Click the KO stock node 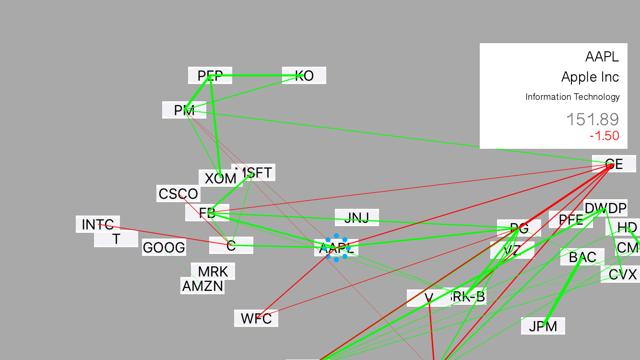click(304, 75)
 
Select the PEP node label click(210, 75)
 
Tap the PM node click(184, 110)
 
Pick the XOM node click(220, 179)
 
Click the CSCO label click(178, 194)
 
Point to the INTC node click(97, 224)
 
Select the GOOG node click(164, 248)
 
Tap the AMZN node click(202, 286)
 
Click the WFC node click(256, 318)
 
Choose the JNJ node click(356, 217)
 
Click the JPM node click(543, 326)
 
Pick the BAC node click(582, 257)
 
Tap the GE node click(614, 164)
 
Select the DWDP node click(605, 208)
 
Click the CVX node click(622, 275)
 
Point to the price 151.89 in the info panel click(593, 120)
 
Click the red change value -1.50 click(604, 136)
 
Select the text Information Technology click(572, 97)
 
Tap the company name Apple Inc click(590, 77)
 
